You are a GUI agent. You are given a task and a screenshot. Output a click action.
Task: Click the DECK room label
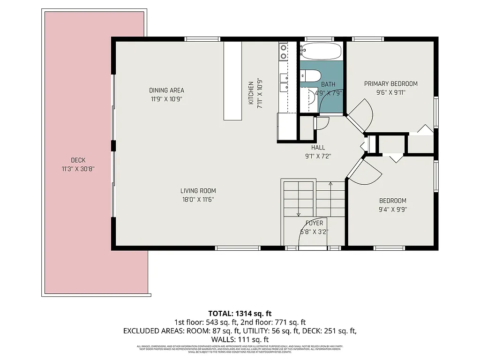coord(78,160)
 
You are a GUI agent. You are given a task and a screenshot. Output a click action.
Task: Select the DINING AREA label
coord(166,90)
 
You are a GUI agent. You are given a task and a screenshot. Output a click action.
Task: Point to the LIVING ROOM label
coord(198,191)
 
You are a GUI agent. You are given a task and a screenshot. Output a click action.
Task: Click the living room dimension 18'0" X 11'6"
coord(198,199)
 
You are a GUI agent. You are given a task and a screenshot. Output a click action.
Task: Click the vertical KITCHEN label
coord(251,92)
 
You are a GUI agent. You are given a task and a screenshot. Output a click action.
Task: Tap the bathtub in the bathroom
coord(321,51)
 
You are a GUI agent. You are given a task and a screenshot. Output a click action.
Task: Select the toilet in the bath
coord(310,75)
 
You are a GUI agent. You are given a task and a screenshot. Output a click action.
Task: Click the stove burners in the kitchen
coord(283,52)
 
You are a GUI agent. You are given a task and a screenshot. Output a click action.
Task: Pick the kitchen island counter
coord(232,81)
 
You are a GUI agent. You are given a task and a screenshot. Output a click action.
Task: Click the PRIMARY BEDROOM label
coord(390,84)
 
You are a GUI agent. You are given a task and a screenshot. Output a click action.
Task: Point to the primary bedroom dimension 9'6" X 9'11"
coord(390,92)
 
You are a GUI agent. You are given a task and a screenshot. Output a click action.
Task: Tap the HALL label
coord(318,148)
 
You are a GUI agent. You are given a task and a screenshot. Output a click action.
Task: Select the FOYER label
coord(314,223)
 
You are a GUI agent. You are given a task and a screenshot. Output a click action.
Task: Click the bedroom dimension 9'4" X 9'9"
coord(392,210)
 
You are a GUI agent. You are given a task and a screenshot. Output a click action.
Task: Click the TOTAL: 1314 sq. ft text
coord(240,313)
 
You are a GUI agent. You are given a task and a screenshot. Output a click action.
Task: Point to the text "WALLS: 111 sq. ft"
coord(240,339)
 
